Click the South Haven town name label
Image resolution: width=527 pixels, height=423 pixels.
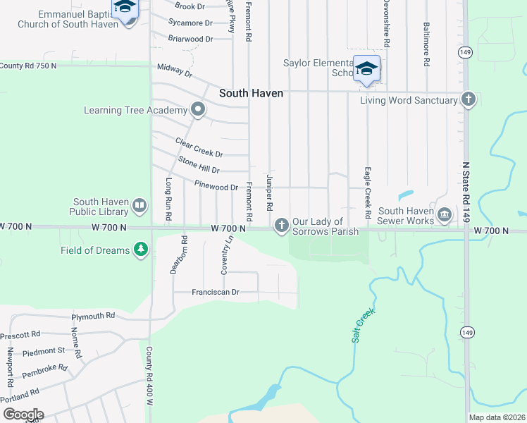point(251,93)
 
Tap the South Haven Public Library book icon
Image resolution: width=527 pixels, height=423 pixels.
point(139,206)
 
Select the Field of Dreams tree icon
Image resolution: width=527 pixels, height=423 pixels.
point(141,250)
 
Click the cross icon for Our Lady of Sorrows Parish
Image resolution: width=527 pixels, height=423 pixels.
point(281,226)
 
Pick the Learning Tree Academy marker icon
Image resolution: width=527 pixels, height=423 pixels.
point(198,110)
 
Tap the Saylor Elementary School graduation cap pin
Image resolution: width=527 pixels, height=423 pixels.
point(366,69)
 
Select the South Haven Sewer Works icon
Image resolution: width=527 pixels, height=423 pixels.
point(444,215)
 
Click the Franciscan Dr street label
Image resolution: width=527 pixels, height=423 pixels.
point(216,292)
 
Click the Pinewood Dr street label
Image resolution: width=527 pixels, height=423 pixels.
point(216,187)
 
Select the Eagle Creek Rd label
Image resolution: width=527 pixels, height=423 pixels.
point(367,192)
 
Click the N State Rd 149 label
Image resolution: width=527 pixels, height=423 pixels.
point(465,188)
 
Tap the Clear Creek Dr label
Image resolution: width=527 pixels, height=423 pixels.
point(199,148)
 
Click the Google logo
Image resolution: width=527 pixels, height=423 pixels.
point(23,414)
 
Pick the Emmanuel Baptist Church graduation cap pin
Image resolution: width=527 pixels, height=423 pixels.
point(125,9)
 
